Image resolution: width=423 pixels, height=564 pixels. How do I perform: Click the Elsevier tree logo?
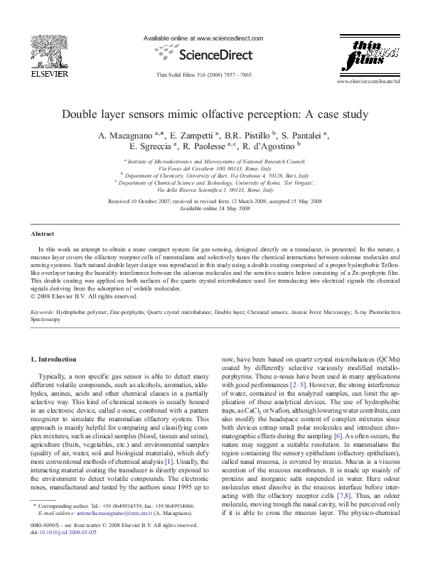tap(48, 48)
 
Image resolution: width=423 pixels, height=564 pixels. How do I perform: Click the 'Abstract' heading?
tap(43, 234)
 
